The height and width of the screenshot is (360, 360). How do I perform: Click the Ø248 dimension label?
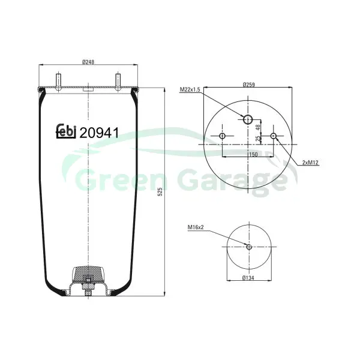click(x=88, y=62)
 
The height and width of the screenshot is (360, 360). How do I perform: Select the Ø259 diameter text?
click(x=248, y=85)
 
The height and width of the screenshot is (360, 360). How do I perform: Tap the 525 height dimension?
click(x=160, y=192)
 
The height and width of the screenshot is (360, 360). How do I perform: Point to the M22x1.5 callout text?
click(x=190, y=89)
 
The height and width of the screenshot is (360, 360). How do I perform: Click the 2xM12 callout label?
click(x=310, y=163)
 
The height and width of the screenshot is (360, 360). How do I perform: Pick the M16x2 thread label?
click(x=196, y=227)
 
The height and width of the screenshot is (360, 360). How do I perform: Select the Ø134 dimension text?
click(x=248, y=278)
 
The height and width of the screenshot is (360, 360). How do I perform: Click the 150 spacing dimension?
click(x=253, y=155)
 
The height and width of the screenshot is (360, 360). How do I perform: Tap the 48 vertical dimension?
click(x=258, y=127)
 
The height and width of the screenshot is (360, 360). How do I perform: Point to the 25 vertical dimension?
click(x=258, y=138)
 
